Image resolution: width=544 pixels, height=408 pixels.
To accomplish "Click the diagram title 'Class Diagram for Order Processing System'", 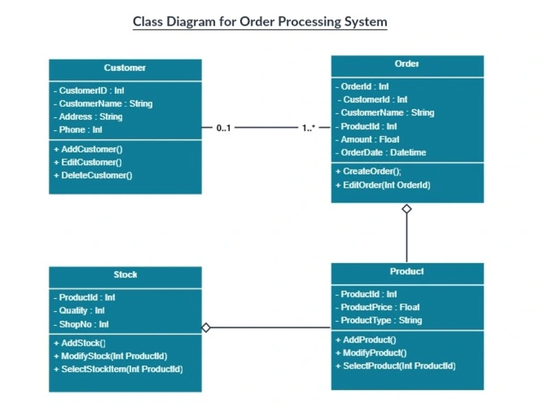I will pyautogui.click(x=260, y=22).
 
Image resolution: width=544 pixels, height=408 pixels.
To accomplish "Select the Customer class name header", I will pyautogui.click(x=125, y=68).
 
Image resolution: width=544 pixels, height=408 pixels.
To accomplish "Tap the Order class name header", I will pyautogui.click(x=407, y=64).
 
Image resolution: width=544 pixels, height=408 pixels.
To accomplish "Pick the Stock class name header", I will pyautogui.click(x=125, y=275).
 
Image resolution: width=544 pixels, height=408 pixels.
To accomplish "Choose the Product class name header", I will pyautogui.click(x=407, y=271).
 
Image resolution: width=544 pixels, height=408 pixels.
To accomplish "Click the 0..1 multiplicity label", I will pyautogui.click(x=223, y=128).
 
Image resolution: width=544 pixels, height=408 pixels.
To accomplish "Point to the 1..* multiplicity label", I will pyautogui.click(x=308, y=128).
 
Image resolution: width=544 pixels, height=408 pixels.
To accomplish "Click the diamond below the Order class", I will pyautogui.click(x=407, y=209).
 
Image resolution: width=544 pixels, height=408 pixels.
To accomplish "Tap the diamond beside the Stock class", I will pyautogui.click(x=206, y=327).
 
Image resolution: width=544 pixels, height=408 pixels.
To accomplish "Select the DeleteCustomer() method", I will pyautogui.click(x=93, y=175).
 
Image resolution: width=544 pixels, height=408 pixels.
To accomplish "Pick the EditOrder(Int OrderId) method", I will pyautogui.click(x=383, y=185).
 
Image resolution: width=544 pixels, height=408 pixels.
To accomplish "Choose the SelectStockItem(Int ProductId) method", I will pyautogui.click(x=118, y=369).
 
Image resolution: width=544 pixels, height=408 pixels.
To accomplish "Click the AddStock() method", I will pyautogui.click(x=79, y=343).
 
